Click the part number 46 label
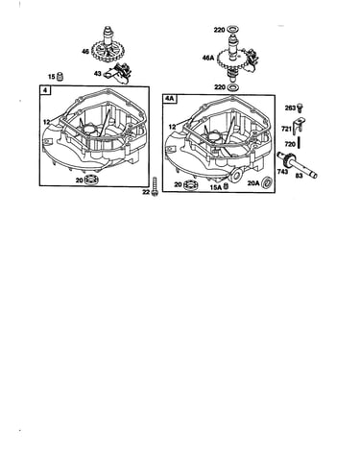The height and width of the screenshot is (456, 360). [85, 51]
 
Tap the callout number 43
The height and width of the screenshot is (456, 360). [98, 74]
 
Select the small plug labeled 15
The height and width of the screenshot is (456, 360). [60, 77]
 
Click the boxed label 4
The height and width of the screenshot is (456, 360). [45, 90]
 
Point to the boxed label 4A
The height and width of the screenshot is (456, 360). [170, 99]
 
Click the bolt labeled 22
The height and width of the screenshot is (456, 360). [156, 186]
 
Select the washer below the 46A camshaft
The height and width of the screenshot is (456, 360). [232, 87]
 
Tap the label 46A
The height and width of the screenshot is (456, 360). [208, 58]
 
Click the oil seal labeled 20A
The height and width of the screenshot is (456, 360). [267, 183]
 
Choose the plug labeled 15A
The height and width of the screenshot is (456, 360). [226, 186]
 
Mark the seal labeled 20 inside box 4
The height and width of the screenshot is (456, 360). [91, 180]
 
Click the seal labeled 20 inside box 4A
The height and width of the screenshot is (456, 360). [190, 184]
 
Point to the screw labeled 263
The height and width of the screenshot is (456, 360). [300, 108]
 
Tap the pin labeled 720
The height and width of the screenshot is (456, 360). [299, 142]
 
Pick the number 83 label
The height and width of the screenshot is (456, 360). [299, 176]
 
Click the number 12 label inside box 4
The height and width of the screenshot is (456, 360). [47, 122]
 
